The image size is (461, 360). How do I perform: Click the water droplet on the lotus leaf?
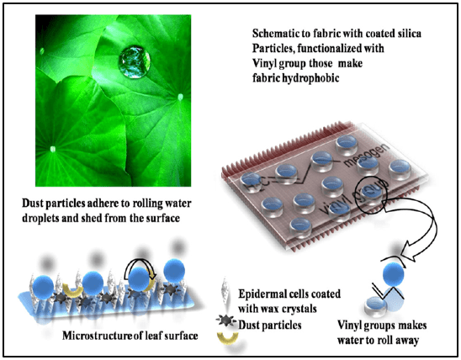(x=135, y=61)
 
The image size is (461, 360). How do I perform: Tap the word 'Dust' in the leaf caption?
(x=32, y=204)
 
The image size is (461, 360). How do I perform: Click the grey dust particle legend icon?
(x=225, y=321)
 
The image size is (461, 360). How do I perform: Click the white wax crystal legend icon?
(x=225, y=291)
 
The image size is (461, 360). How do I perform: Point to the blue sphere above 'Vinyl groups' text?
(x=394, y=273)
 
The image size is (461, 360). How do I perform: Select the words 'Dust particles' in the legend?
(x=270, y=325)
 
